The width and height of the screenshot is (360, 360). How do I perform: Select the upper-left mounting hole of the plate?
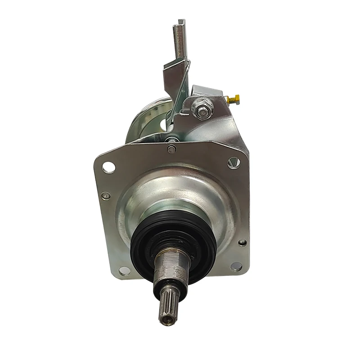click(108, 168)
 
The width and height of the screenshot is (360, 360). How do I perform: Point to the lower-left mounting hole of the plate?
click(125, 271)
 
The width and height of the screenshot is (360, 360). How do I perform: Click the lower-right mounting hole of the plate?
click(236, 266)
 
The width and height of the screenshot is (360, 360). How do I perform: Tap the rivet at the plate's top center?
click(171, 149)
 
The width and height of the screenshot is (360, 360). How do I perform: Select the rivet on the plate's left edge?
click(105, 196)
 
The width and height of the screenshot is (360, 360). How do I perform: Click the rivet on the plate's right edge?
click(242, 243)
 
